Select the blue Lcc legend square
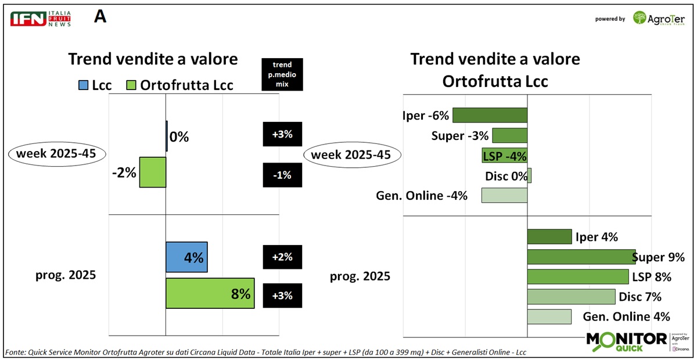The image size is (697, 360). (x=82, y=85)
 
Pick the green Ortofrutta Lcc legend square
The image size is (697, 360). (x=132, y=85)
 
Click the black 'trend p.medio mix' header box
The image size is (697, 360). (x=282, y=74)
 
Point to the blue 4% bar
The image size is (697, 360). (x=186, y=257)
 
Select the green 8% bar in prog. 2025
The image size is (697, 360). (x=210, y=293)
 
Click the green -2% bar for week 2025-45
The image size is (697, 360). (x=153, y=172)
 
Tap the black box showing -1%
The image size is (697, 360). (x=282, y=175)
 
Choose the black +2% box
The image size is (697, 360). (x=282, y=257)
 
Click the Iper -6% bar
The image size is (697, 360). (x=490, y=115)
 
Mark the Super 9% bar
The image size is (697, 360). (x=581, y=257)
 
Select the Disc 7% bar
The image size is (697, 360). (x=571, y=297)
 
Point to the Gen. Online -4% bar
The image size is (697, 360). (x=504, y=195)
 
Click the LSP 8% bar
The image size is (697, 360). (x=577, y=276)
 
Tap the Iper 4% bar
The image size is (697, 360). (x=549, y=236)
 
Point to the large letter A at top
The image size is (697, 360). (x=100, y=17)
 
